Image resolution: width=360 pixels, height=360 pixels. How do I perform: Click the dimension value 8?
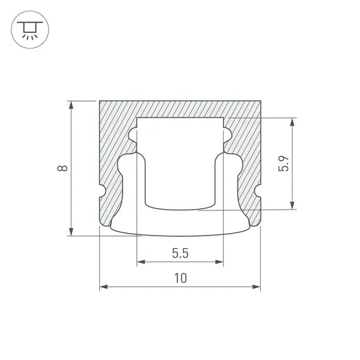tap(61, 168)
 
